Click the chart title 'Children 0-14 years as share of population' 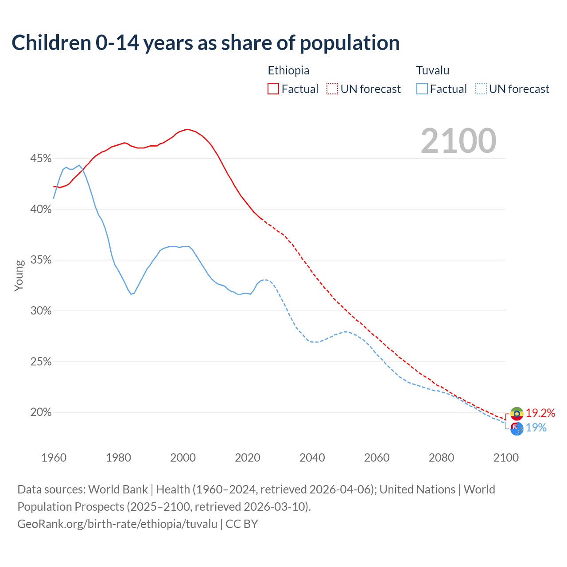tap(206, 43)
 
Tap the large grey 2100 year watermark tap(458, 141)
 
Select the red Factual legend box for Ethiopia tap(273, 89)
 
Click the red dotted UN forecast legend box tap(332, 89)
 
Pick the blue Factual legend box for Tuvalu tap(422, 89)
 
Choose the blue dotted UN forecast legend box tap(481, 89)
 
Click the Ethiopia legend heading tap(288, 70)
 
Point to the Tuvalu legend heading tap(433, 70)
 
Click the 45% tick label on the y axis tap(41, 159)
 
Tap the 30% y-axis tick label tap(41, 311)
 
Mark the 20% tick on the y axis tap(41, 412)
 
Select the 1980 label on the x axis tap(118, 458)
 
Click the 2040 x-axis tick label tap(312, 458)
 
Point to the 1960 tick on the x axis tap(54, 458)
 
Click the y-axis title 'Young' tap(19, 276)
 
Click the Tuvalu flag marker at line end tap(517, 428)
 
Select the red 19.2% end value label tap(540, 413)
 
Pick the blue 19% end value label tap(536, 428)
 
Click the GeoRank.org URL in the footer tap(117, 524)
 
